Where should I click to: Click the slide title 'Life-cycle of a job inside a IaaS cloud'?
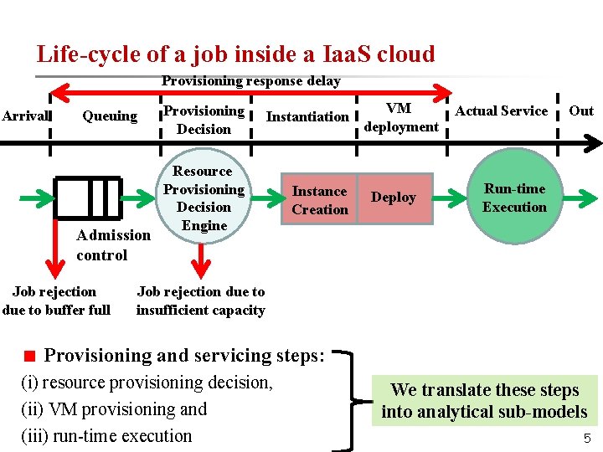pyautogui.click(x=235, y=54)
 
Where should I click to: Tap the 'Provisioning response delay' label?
pyautogui.click(x=250, y=81)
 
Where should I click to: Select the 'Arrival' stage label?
pyautogui.click(x=26, y=116)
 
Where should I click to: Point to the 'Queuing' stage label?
pyautogui.click(x=110, y=116)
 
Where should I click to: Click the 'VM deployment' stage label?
pyautogui.click(x=401, y=117)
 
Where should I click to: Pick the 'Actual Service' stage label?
pyautogui.click(x=501, y=110)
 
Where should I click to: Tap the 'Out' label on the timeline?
pyautogui.click(x=580, y=110)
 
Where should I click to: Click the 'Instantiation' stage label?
pyautogui.click(x=307, y=116)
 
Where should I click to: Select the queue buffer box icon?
pyautogui.click(x=87, y=198)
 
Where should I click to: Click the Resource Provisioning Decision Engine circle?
pyautogui.click(x=204, y=198)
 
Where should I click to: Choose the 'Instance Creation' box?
pyautogui.click(x=319, y=200)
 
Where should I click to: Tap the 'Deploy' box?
pyautogui.click(x=393, y=198)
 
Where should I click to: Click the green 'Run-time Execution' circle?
pyautogui.click(x=513, y=198)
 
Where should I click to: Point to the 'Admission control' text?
pyautogui.click(x=113, y=245)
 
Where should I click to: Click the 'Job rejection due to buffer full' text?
pyautogui.click(x=55, y=300)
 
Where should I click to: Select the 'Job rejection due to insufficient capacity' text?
pyautogui.click(x=200, y=300)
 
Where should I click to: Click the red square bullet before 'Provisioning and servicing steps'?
pyautogui.click(x=30, y=356)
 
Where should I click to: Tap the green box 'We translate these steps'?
pyautogui.click(x=484, y=400)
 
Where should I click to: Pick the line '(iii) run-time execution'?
pyautogui.click(x=106, y=435)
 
